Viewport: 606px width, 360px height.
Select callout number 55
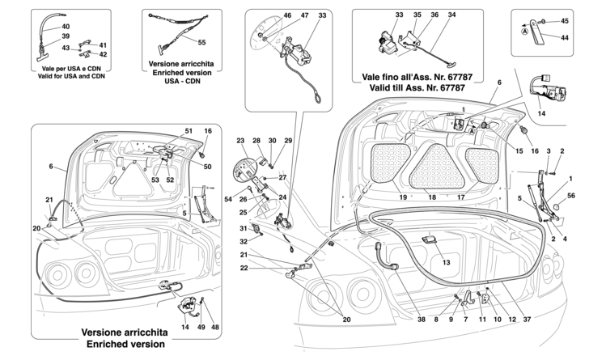[201, 41]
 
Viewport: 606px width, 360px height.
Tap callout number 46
[264, 15]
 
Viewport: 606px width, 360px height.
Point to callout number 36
[434, 15]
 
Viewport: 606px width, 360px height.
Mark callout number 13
[445, 263]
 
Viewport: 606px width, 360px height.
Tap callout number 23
[240, 140]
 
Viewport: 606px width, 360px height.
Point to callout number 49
[201, 327]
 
